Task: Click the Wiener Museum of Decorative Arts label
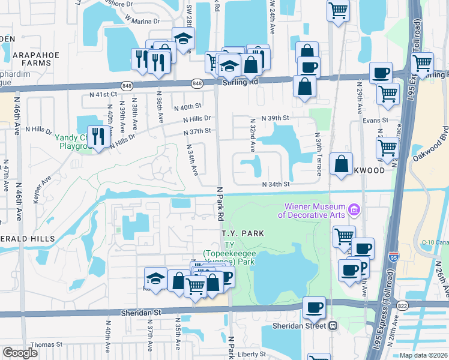[313, 211]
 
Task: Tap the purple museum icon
[354, 210]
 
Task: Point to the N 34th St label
[276, 184]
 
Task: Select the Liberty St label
[251, 354]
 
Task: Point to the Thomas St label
[46, 344]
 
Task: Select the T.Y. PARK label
[243, 233]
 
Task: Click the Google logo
[20, 353]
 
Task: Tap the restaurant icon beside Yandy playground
[97, 136]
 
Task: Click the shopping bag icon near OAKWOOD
[341, 163]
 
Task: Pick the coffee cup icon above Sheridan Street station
[314, 307]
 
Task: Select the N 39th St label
[276, 118]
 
